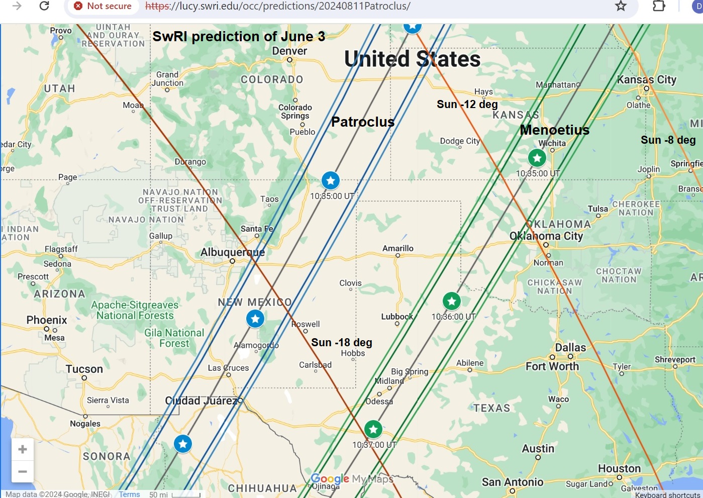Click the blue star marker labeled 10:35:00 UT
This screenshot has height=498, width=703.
(x=330, y=180)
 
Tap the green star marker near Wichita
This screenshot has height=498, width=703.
(x=537, y=158)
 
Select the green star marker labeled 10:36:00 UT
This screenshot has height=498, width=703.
(x=452, y=301)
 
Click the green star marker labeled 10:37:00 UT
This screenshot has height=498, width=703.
(x=373, y=429)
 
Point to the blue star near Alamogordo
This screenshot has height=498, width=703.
(x=255, y=318)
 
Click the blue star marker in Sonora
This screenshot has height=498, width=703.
(x=183, y=444)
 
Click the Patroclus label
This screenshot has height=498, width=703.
(x=363, y=122)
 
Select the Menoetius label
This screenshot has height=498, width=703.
(x=554, y=130)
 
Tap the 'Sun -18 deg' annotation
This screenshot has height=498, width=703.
(x=342, y=343)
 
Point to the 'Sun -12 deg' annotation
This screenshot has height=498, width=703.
(x=467, y=105)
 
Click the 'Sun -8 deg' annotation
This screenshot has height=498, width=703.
(x=668, y=140)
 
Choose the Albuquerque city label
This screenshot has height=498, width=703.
(x=233, y=252)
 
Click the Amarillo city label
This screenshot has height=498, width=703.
(x=397, y=249)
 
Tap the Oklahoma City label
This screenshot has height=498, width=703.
(x=546, y=236)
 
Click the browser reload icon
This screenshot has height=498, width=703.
(x=44, y=6)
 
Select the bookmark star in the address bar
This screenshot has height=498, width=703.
(x=621, y=6)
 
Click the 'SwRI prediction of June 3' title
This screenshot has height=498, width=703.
(x=239, y=37)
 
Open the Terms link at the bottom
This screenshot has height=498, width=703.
(x=129, y=494)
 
